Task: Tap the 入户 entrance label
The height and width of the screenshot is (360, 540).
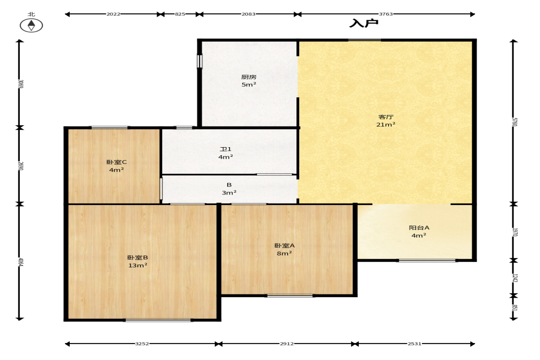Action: pyautogui.click(x=364, y=23)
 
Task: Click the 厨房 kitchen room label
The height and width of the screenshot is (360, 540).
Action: pyautogui.click(x=249, y=77)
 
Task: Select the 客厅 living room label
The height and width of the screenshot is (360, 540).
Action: pyautogui.click(x=386, y=117)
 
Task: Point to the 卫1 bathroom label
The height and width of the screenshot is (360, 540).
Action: pyautogui.click(x=226, y=149)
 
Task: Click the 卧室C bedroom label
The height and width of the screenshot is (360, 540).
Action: pyautogui.click(x=117, y=162)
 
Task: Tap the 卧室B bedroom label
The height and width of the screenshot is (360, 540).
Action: pyautogui.click(x=138, y=257)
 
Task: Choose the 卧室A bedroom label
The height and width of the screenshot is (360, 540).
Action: pyautogui.click(x=284, y=245)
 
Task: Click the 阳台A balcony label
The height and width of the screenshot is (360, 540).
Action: pyautogui.click(x=419, y=227)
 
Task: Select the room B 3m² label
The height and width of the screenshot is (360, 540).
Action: pyautogui.click(x=229, y=188)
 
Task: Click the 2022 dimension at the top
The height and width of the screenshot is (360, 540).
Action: pyautogui.click(x=113, y=14)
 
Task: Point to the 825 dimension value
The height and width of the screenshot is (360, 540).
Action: pyautogui.click(x=180, y=14)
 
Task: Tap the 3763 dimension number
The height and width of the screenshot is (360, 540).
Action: pyautogui.click(x=386, y=14)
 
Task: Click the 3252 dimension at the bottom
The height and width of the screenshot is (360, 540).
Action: pyautogui.click(x=142, y=343)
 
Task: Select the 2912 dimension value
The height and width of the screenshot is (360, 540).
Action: pyautogui.click(x=287, y=343)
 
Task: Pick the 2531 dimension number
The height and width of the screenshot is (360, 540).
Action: pyautogui.click(x=414, y=343)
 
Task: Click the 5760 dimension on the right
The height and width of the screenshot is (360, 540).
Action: pyautogui.click(x=514, y=122)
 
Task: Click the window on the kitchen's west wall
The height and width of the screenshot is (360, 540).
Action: pyautogui.click(x=200, y=61)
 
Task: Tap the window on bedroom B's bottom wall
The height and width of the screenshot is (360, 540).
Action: pyautogui.click(x=158, y=320)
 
